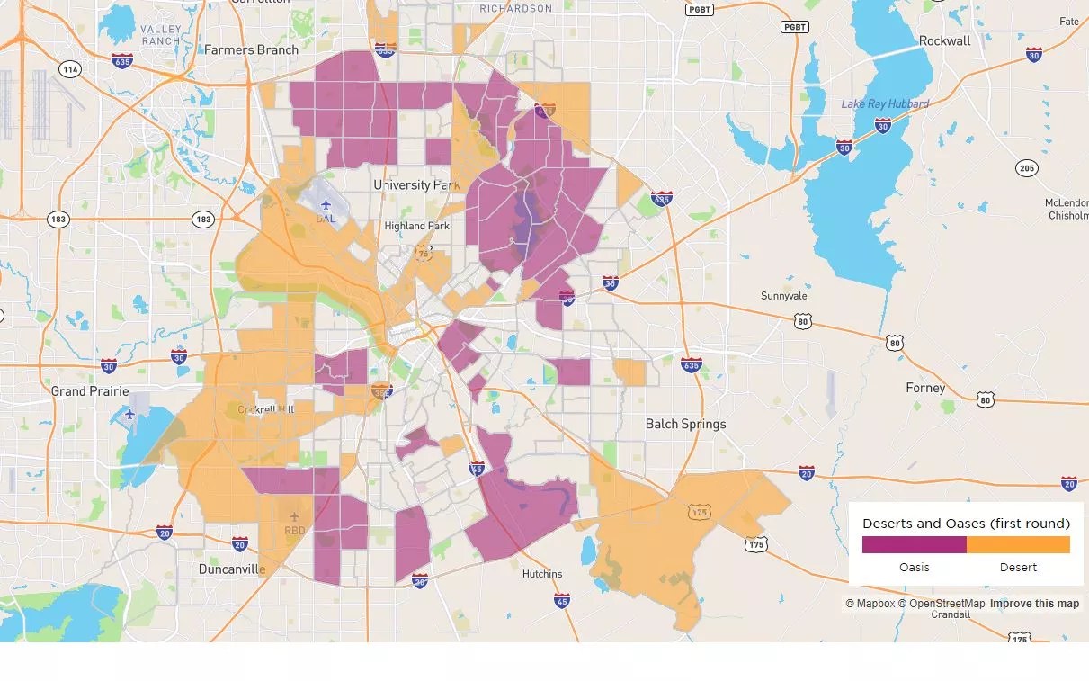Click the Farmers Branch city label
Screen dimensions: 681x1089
coord(251,49)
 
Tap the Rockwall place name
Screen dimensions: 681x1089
coord(944,40)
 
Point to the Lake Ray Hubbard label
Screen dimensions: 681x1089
coord(885,104)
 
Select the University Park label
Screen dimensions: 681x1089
coord(416,184)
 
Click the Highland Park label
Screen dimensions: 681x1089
coord(416,226)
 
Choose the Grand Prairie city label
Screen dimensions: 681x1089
coord(90,390)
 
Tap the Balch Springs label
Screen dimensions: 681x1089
coord(685,424)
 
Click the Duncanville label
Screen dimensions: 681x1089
coord(232,569)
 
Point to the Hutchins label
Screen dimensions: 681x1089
coord(541,574)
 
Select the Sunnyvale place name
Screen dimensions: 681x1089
coord(783,296)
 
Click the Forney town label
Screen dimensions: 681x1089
coord(925,388)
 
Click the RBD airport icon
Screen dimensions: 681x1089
coord(294,517)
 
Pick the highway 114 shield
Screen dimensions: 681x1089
coord(70,69)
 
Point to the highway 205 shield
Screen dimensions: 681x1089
coord(1027,168)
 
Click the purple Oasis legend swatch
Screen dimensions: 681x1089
coord(914,545)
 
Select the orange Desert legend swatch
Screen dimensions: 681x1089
coord(1018,545)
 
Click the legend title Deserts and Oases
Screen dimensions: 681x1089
coord(966,524)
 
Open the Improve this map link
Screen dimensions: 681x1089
coord(1034,604)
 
